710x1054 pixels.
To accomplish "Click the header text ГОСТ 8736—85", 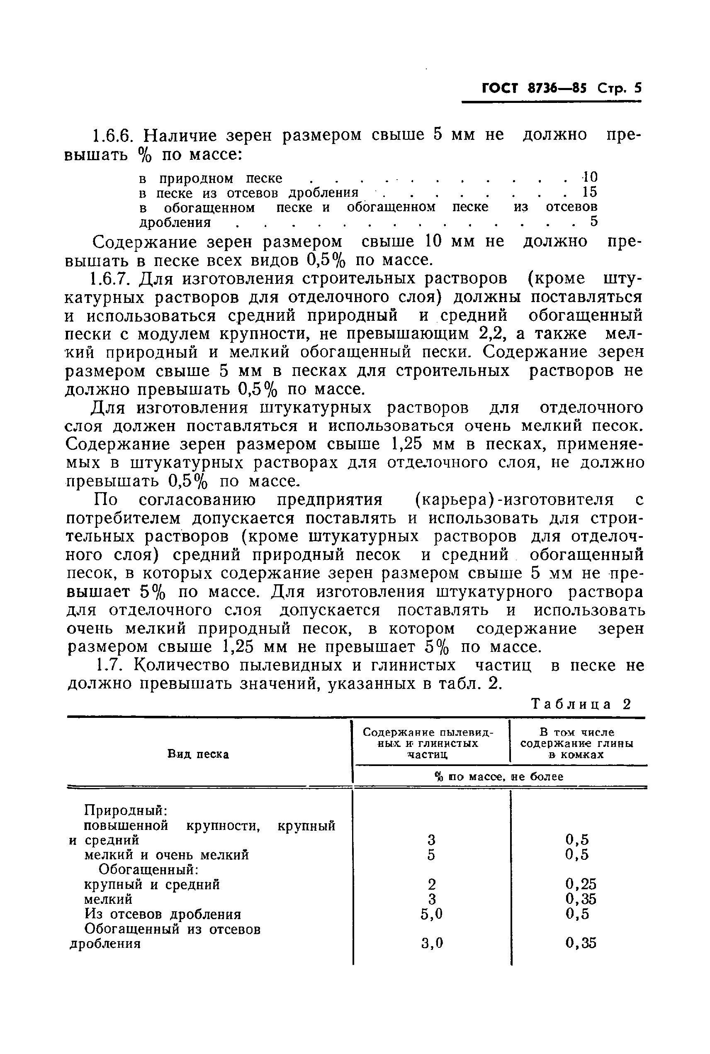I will [534, 88].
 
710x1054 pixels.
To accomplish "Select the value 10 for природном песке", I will [590, 177].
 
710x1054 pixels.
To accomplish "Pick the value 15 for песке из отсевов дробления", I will [590, 192].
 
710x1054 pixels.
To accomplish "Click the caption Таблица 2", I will [581, 704].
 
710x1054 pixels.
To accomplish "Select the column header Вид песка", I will [198, 754].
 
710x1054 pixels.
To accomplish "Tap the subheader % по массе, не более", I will [499, 777].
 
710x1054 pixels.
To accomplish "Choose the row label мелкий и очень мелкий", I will [167, 855].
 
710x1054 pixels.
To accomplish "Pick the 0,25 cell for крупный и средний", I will [581, 884].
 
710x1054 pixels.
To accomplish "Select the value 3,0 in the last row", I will [431, 944].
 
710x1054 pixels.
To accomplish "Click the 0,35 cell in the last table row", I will [581, 944].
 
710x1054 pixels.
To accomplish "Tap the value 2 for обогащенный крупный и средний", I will [431, 884].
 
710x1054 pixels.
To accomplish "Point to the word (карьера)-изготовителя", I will [514, 500].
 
